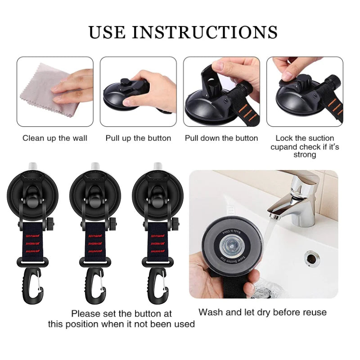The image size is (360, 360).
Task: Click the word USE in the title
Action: (107, 32)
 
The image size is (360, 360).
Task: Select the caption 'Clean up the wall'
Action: (55, 138)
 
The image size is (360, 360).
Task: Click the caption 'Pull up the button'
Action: (138, 138)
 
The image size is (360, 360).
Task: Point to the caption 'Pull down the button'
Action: (221, 138)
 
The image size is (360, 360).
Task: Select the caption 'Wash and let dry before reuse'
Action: (263, 312)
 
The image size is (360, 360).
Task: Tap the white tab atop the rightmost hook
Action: (157, 166)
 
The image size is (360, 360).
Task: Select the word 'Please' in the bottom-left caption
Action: (86, 313)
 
